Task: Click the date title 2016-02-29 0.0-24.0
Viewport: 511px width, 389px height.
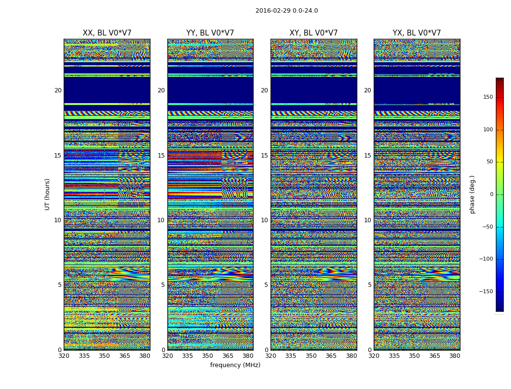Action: pyautogui.click(x=286, y=11)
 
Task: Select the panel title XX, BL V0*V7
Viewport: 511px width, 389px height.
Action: pyautogui.click(x=107, y=33)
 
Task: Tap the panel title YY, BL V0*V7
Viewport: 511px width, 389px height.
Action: pyautogui.click(x=210, y=33)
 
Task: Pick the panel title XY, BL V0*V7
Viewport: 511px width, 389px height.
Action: pyautogui.click(x=313, y=33)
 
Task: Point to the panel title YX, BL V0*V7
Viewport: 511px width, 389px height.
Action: pyautogui.click(x=417, y=33)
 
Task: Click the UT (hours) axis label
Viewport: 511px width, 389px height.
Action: pyautogui.click(x=47, y=194)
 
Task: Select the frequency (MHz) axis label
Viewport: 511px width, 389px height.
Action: pyautogui.click(x=235, y=365)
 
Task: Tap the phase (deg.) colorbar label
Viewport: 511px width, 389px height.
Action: pyautogui.click(x=472, y=194)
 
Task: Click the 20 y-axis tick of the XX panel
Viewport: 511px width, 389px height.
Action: pyautogui.click(x=58, y=90)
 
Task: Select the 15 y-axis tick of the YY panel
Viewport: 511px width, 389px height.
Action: pyautogui.click(x=161, y=156)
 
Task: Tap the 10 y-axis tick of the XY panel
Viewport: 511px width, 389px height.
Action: pyautogui.click(x=264, y=220)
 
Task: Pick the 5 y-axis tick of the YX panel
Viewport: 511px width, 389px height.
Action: pyautogui.click(x=369, y=285)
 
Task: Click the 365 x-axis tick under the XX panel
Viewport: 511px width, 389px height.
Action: pyautogui.click(x=125, y=356)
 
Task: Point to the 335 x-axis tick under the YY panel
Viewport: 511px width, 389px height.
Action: pyautogui.click(x=187, y=356)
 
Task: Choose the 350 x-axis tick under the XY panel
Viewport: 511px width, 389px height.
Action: pyautogui.click(x=311, y=356)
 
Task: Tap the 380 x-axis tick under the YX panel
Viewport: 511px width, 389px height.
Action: pyautogui.click(x=455, y=356)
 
